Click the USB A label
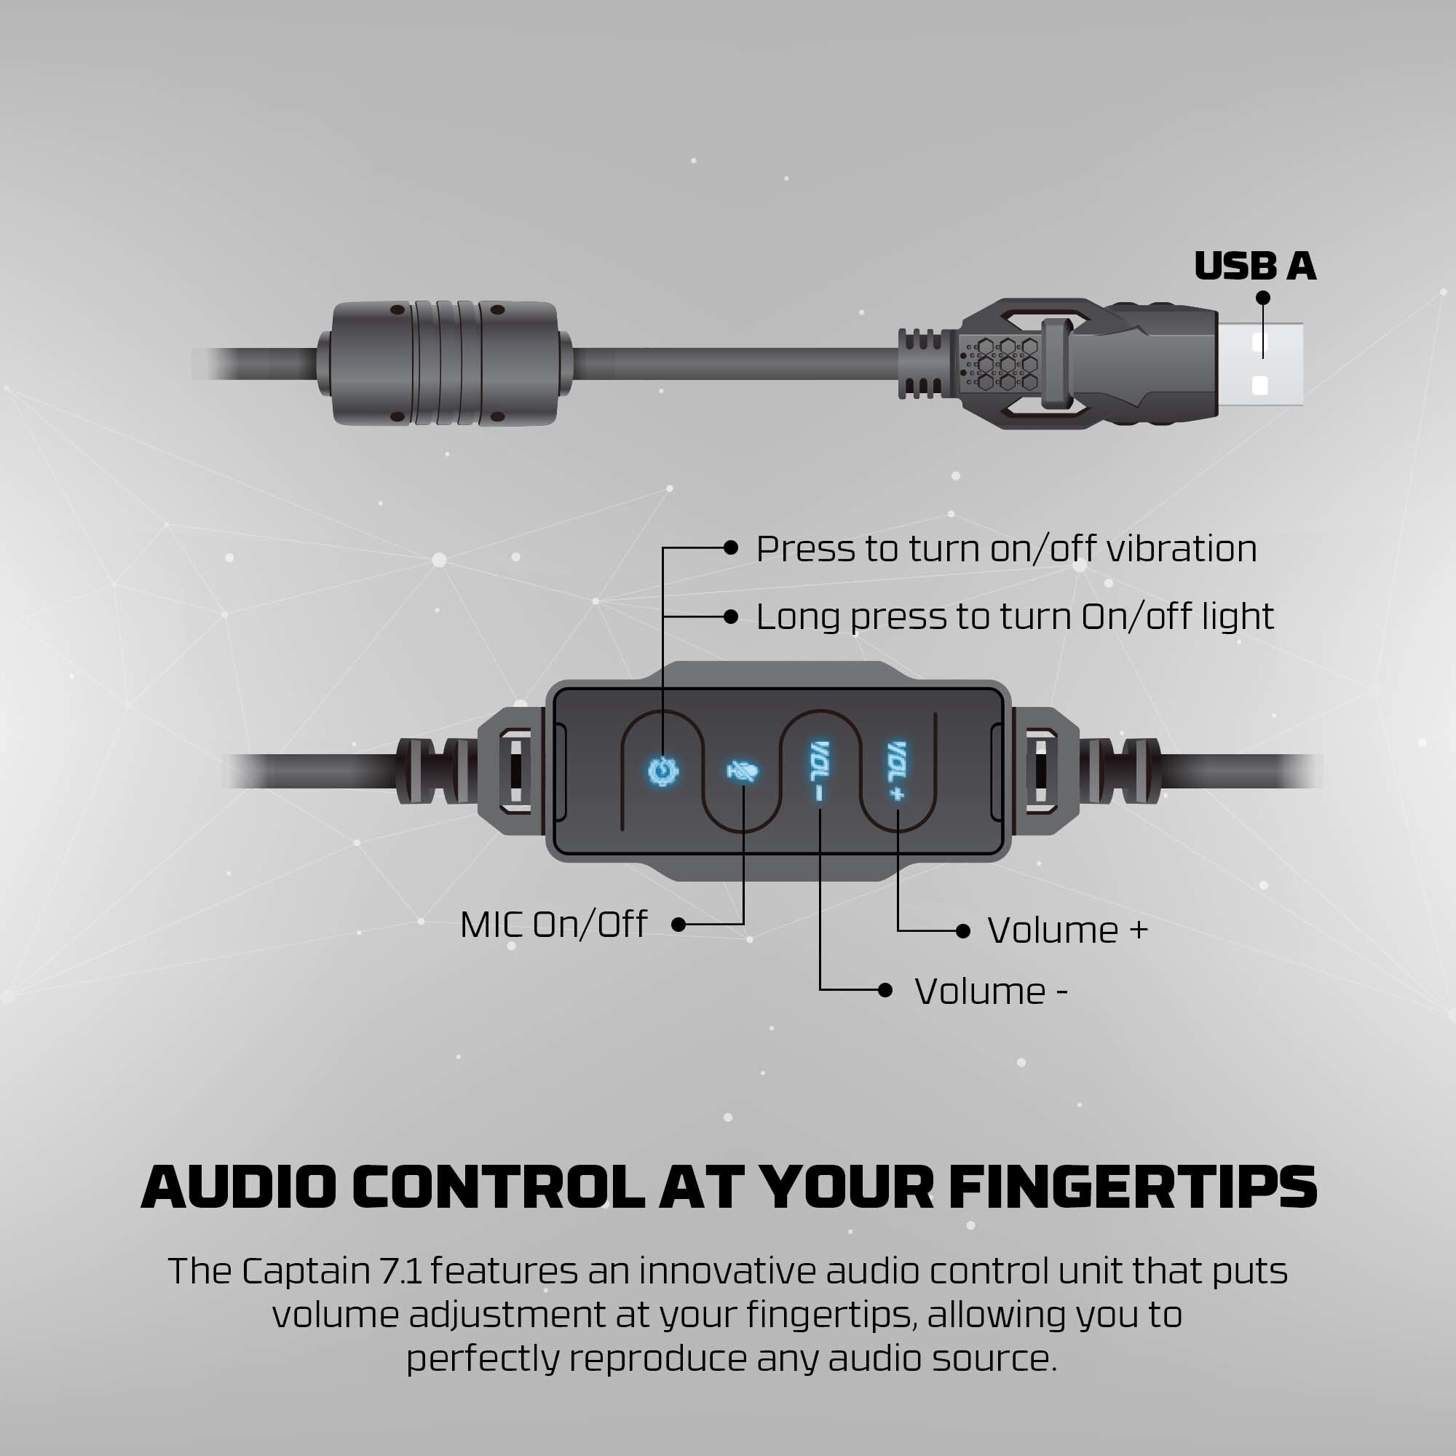(x=1255, y=266)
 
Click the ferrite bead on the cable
(x=445, y=363)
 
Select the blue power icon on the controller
(x=663, y=772)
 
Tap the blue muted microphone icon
(x=743, y=772)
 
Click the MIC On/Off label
(x=553, y=925)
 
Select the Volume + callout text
(x=1067, y=930)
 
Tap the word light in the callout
(x=1238, y=617)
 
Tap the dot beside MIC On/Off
(x=678, y=925)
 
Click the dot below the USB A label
(x=1263, y=298)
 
